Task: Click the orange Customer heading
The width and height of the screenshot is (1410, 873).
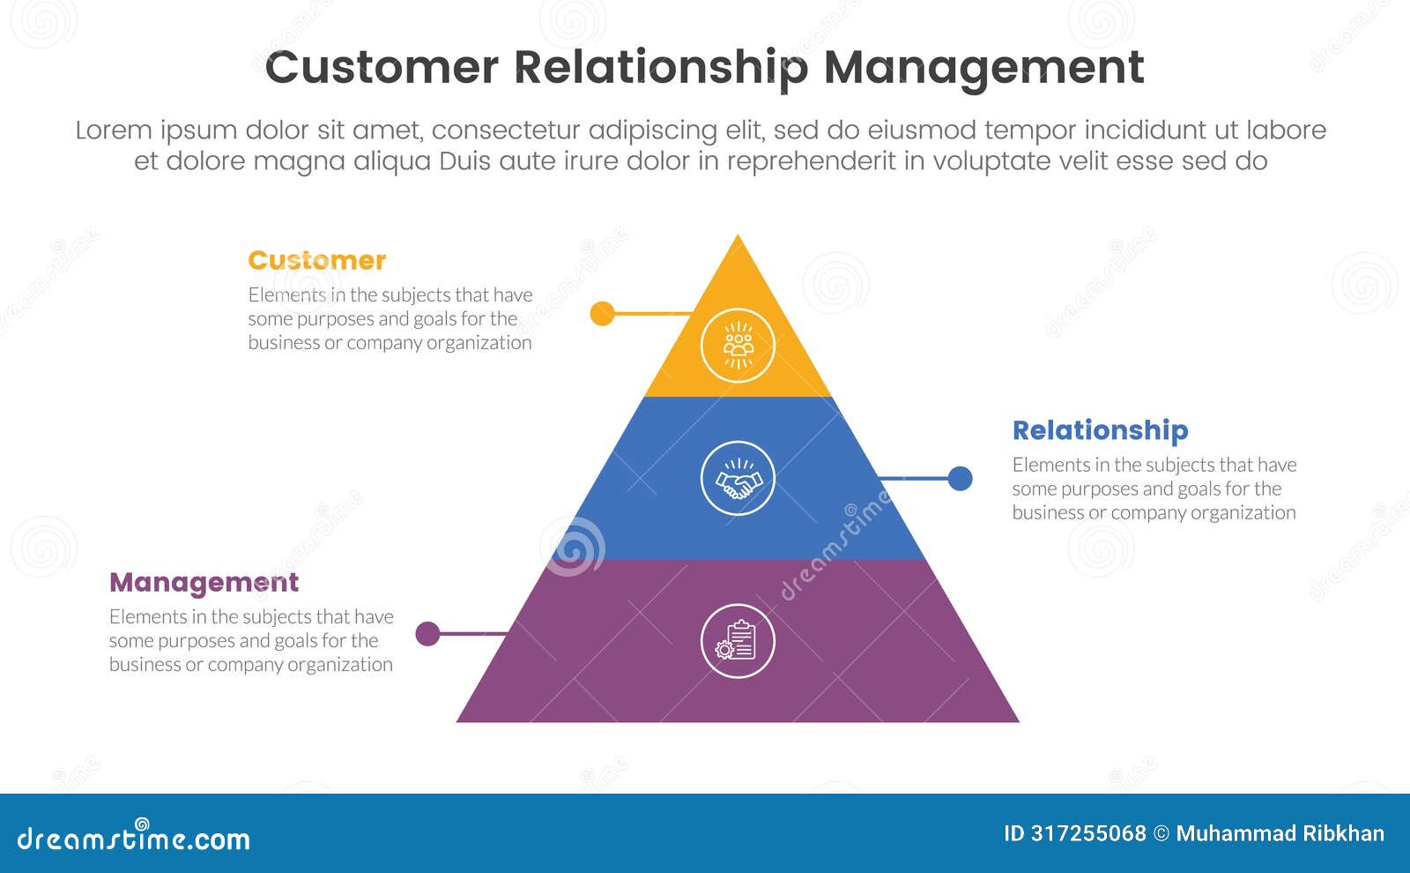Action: [x=316, y=261]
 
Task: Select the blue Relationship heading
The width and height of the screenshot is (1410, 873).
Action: [x=1100, y=430]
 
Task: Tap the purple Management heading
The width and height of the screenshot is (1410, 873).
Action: [x=204, y=583]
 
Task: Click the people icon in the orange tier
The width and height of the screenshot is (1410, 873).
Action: [x=738, y=345]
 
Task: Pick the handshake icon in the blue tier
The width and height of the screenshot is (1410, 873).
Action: [x=738, y=479]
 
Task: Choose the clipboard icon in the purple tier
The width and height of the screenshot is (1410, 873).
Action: [x=738, y=641]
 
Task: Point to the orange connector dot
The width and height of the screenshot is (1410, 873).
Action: [x=602, y=313]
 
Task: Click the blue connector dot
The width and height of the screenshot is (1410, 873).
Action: [x=960, y=479]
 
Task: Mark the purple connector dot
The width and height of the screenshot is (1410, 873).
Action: [x=427, y=633]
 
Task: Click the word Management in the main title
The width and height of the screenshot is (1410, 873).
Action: [x=983, y=68]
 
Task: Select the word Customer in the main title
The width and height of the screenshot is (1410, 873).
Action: [x=381, y=68]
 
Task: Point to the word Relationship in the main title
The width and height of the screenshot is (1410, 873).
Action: [x=660, y=68]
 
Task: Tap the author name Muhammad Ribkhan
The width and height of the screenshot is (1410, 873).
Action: [x=1280, y=833]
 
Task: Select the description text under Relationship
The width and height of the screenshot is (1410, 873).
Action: [x=1154, y=489]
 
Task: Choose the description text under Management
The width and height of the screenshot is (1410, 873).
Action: [x=251, y=641]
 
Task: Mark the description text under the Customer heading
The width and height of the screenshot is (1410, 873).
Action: [x=390, y=319]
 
